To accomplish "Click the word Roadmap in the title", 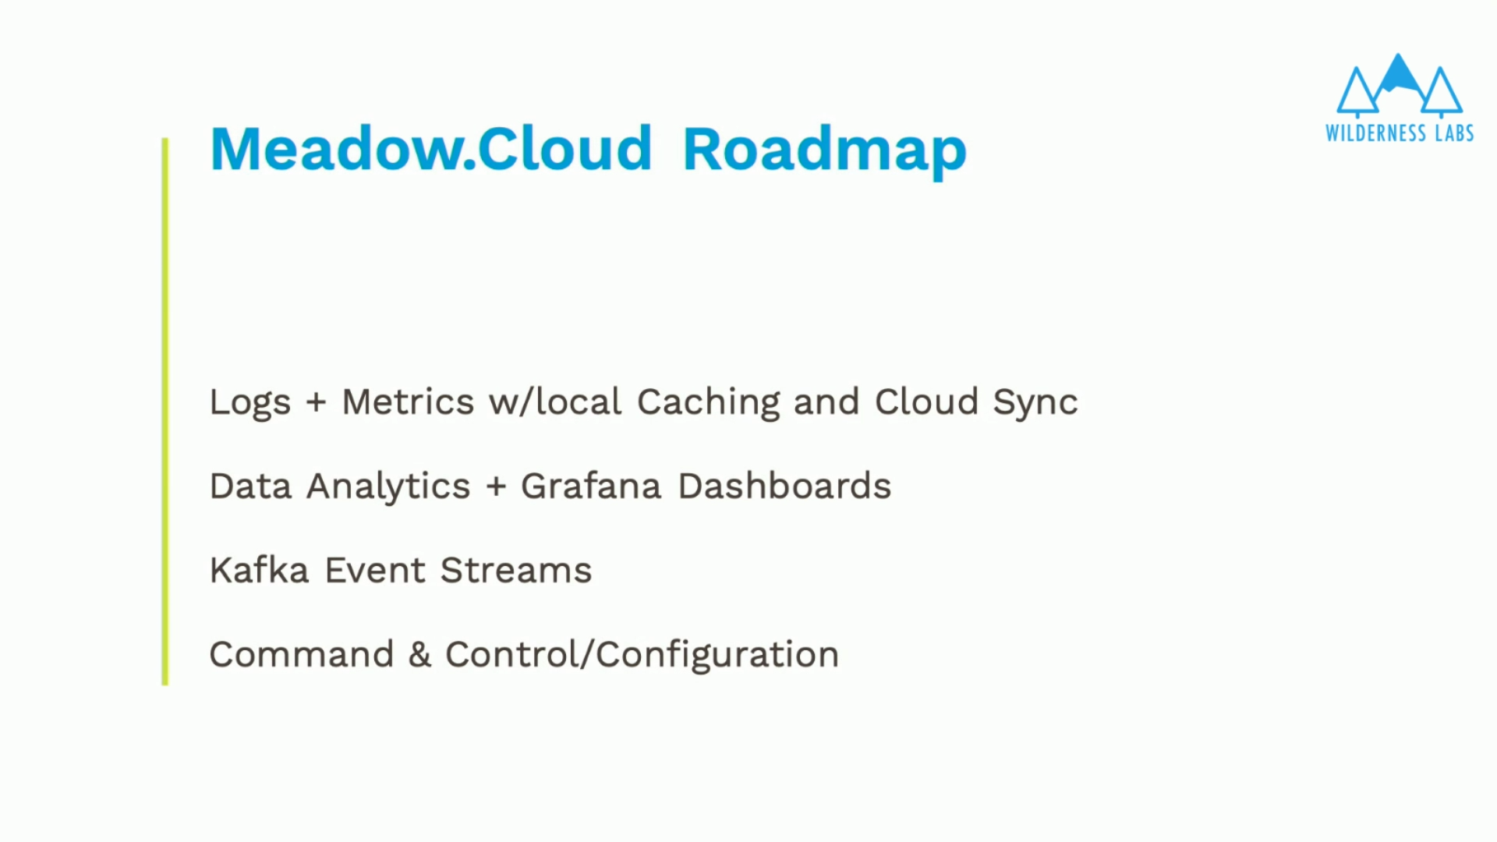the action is (824, 150).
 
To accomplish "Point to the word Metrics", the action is (408, 402).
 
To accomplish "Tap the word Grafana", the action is (591, 486).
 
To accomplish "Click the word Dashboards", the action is (784, 486).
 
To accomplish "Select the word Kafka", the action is (260, 570).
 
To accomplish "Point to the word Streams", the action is (516, 571).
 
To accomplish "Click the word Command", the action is (302, 655).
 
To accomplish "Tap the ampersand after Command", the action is (419, 655).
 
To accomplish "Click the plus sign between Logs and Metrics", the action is (316, 403).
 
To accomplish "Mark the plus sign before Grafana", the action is (496, 487).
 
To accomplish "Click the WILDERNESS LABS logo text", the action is (1400, 133).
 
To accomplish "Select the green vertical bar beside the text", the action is (165, 412).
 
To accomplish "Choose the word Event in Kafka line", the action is (375, 571).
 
